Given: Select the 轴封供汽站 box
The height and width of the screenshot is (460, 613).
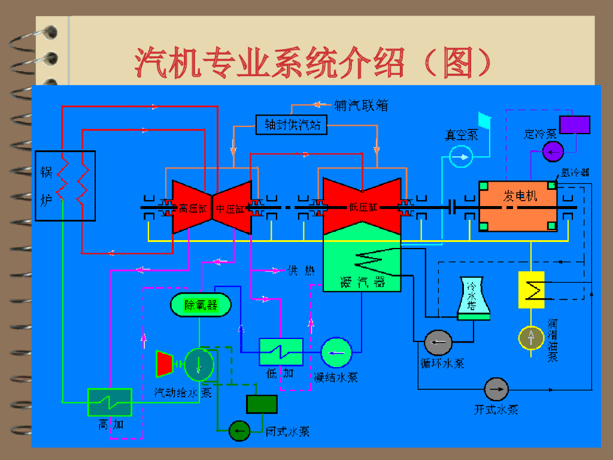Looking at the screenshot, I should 292,125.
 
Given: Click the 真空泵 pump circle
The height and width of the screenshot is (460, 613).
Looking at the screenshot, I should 461,156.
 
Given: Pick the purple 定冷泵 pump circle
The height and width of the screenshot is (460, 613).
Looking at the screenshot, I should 553,151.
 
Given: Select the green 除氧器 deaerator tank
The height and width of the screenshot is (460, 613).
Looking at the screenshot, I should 201,305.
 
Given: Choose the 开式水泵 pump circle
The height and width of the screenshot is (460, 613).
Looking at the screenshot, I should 496,390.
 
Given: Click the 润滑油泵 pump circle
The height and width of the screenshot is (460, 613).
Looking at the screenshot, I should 530,338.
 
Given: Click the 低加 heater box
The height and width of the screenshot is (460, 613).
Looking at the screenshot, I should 281,352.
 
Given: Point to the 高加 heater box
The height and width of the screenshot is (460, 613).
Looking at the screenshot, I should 110,402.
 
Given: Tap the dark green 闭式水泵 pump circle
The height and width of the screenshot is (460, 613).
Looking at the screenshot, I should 239,430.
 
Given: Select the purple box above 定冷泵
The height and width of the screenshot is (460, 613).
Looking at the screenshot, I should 575,125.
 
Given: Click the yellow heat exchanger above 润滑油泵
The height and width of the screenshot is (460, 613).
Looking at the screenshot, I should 530,290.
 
